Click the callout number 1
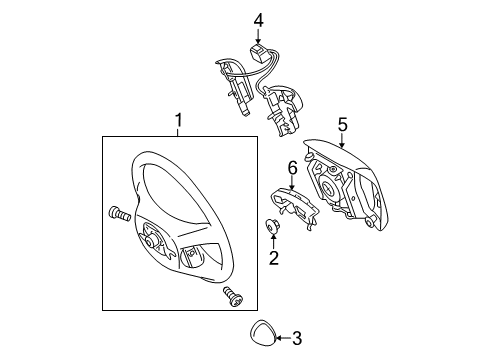click(179, 123)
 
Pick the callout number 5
click(341, 125)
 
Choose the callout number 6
click(293, 168)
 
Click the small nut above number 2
click(273, 226)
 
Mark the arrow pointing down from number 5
click(341, 141)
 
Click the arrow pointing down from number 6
click(293, 182)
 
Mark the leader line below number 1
click(179, 136)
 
